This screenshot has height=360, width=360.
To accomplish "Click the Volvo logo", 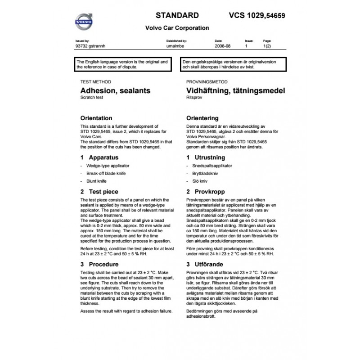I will tap(85, 20).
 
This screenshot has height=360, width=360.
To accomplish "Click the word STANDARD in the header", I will tap(177, 15).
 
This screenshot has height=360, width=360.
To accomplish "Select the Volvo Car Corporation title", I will tap(177, 28).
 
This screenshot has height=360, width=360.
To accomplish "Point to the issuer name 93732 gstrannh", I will tap(91, 46).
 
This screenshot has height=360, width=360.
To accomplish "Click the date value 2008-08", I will tap(223, 46).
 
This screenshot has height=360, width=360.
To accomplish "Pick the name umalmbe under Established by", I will tap(174, 46).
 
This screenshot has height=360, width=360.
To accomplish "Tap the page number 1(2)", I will tap(267, 46).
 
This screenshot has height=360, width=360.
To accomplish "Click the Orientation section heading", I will tap(96, 118).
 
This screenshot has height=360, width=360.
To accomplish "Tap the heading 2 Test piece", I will tap(99, 192).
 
